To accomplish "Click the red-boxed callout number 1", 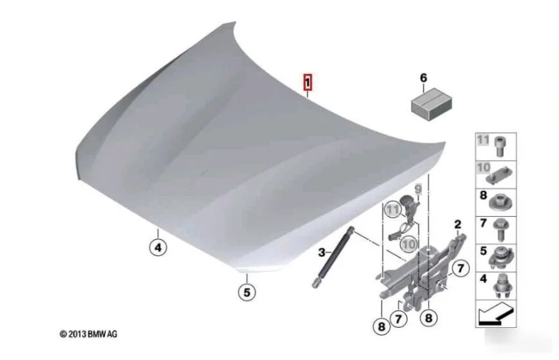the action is point(307,82).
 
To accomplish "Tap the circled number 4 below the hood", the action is point(158,247).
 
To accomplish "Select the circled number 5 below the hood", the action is point(247,292).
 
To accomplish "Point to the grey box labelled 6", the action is point(432,104).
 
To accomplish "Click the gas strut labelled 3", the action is point(333,257).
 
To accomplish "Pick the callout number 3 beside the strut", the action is point(321,252).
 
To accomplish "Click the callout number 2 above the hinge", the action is point(458,224).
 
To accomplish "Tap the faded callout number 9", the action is point(418,189).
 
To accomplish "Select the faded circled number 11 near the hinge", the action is point(393,209).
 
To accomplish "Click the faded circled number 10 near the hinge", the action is point(409,244).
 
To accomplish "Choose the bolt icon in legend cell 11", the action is point(500,147).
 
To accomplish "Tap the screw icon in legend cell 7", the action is point(500,230).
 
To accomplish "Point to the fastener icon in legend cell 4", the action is point(502,286).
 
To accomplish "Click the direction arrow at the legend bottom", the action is point(495,314).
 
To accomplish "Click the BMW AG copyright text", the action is point(89,334).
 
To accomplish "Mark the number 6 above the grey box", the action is point(423,78).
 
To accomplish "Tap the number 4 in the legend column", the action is point(483,279).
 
